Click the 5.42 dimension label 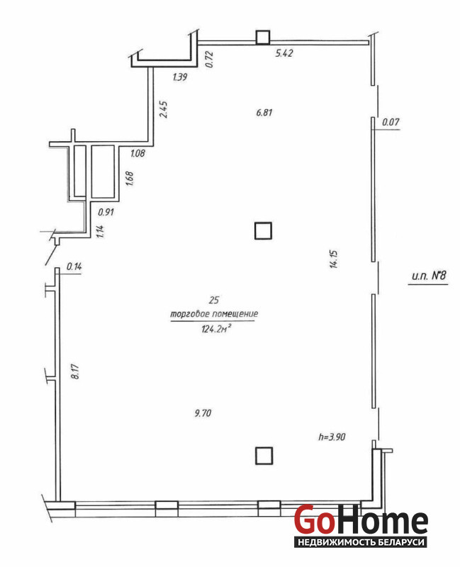pos(284,53)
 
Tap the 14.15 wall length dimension pos(333,259)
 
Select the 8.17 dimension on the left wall pos(75,371)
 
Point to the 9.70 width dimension pos(203,412)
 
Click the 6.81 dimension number pos(264,113)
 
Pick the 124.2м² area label pos(216,329)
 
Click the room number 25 pos(214,300)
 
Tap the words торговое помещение pos(214,313)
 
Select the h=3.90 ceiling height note pos(332,437)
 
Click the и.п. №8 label pos(429,276)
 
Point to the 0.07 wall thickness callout pos(391,122)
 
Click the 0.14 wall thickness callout pos(74,266)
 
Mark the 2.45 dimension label pos(164,109)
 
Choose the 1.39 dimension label pos(180,77)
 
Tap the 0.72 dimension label pos(209,60)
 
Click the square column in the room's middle pos(263,231)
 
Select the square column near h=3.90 pos(264,456)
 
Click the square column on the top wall pos(263,38)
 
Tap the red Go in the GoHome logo pos(314,520)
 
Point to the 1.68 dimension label pos(130,179)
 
